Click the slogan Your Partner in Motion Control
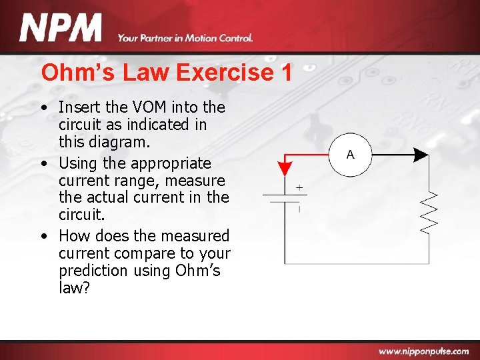(x=185, y=38)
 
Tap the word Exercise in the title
(x=223, y=73)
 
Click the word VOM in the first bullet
(x=149, y=107)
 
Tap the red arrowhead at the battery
(x=285, y=168)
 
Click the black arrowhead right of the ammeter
(x=421, y=155)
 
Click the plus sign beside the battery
(x=299, y=187)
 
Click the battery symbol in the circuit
(x=285, y=199)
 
